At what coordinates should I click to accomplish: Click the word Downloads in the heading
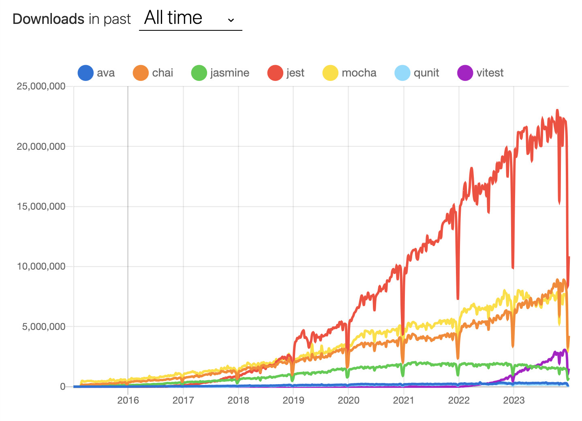(x=48, y=19)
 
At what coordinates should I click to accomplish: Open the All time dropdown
(x=190, y=18)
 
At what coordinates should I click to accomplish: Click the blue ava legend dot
(x=86, y=73)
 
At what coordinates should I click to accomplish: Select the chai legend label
(x=163, y=73)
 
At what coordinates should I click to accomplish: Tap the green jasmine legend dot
(x=199, y=73)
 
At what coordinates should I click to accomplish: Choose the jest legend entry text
(x=295, y=73)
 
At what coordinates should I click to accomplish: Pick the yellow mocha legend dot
(x=330, y=73)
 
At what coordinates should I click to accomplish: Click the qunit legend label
(x=426, y=73)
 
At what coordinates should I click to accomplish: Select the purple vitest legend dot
(x=465, y=73)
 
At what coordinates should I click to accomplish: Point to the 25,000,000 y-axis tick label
(x=41, y=86)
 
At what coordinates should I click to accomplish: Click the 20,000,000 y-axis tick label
(x=41, y=147)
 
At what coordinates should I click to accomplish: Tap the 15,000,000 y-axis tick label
(x=41, y=206)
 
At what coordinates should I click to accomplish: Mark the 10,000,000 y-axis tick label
(x=41, y=266)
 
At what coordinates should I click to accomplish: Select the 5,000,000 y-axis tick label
(x=43, y=327)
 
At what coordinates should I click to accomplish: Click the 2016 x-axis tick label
(x=128, y=400)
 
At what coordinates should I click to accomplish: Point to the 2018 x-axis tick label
(x=238, y=400)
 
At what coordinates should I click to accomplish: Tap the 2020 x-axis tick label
(x=349, y=400)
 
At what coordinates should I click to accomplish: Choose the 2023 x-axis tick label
(x=514, y=400)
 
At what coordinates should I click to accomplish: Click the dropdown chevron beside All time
(x=231, y=20)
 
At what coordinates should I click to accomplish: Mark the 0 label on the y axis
(x=63, y=387)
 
